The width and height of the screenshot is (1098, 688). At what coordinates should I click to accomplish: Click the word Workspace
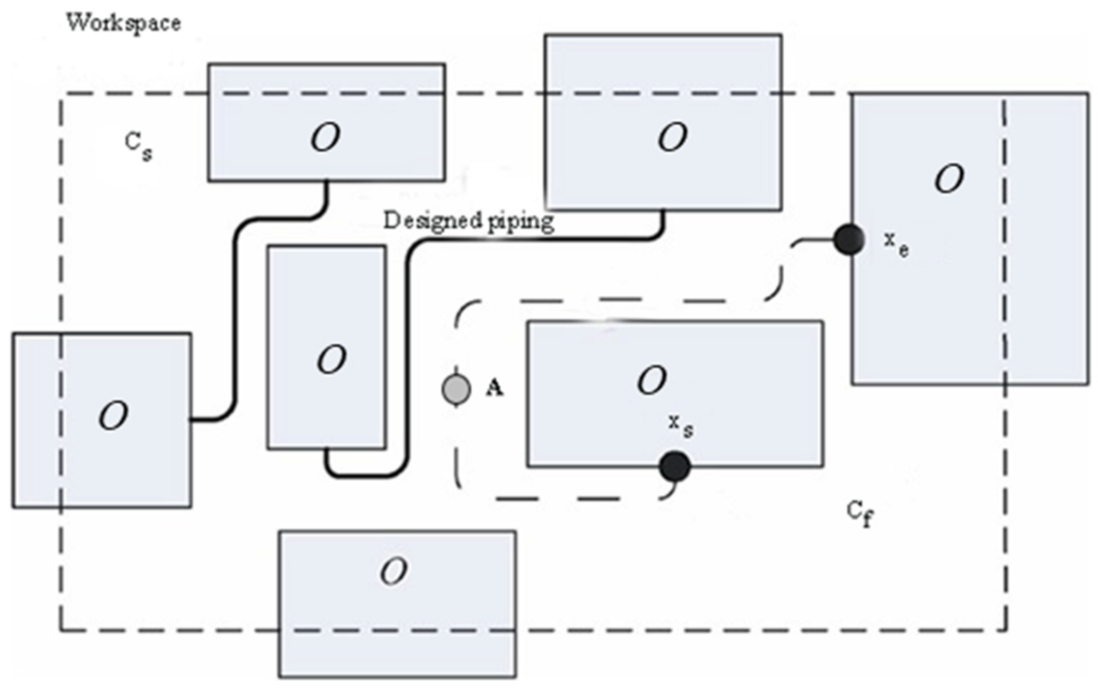click(123, 23)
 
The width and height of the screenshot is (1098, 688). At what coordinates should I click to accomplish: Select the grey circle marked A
click(456, 389)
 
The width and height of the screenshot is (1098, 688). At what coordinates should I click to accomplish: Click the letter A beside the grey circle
click(494, 387)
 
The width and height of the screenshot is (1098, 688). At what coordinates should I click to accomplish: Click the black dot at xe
click(849, 240)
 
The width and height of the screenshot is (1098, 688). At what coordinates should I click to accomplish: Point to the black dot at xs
click(675, 466)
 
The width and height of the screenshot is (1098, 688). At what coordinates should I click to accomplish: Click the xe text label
click(895, 243)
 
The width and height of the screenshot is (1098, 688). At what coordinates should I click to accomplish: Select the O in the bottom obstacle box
click(394, 572)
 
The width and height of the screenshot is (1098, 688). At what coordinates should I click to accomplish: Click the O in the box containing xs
click(652, 380)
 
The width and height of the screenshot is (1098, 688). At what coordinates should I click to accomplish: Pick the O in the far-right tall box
click(949, 179)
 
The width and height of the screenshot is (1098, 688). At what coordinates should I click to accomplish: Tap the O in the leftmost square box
click(113, 415)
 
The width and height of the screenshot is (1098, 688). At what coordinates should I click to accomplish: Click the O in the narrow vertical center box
click(331, 359)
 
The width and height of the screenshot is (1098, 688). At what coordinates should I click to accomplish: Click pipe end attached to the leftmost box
click(193, 419)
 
